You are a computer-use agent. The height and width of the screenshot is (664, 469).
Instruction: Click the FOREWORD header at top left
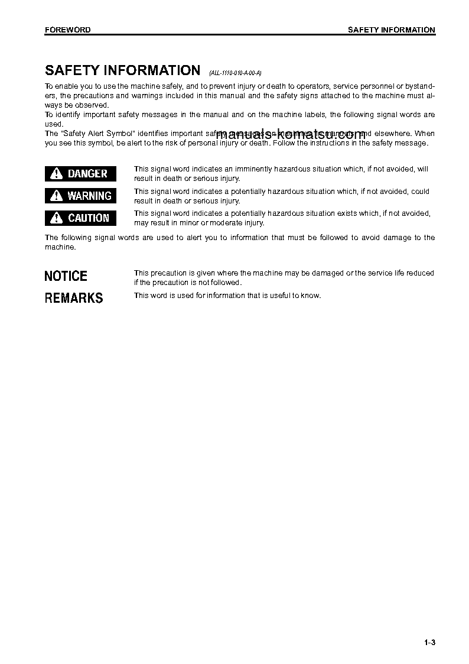tap(67, 30)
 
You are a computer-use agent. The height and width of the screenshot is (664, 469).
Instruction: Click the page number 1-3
tap(429, 643)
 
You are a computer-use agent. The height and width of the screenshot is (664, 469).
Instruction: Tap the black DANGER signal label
tap(81, 173)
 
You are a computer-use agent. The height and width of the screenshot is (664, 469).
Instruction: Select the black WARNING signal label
tap(81, 196)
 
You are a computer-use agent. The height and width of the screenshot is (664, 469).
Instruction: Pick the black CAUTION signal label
tap(81, 218)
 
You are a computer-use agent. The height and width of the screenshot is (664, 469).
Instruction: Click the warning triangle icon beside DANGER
tap(56, 173)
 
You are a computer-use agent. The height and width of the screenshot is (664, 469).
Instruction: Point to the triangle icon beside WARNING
tap(56, 196)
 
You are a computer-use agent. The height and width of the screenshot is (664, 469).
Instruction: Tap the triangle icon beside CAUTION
tap(56, 218)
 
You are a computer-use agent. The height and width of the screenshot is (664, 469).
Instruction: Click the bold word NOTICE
tap(66, 276)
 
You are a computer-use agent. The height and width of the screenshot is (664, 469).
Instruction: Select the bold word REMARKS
tap(74, 298)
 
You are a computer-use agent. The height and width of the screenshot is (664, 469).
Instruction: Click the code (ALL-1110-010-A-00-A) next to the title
tap(235, 73)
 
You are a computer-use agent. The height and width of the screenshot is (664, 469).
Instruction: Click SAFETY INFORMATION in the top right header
tap(391, 30)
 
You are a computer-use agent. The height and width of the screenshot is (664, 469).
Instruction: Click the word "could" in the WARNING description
tap(421, 192)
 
